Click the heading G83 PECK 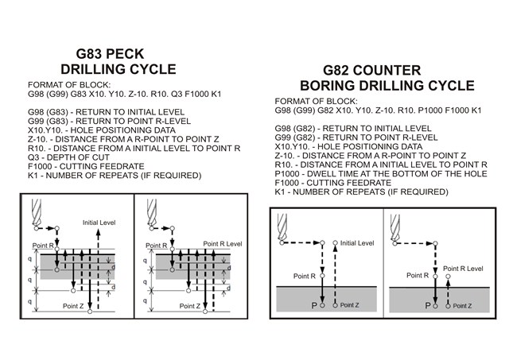click(x=110, y=54)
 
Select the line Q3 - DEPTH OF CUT click(x=68, y=157)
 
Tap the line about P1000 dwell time click(x=381, y=174)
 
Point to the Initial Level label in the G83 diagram click(x=99, y=223)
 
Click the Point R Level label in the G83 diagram click(x=223, y=244)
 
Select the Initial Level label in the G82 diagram click(x=357, y=243)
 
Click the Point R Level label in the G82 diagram click(x=463, y=269)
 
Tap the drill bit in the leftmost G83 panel click(x=37, y=213)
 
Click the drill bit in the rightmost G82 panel click(x=395, y=227)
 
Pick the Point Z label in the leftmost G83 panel click(x=73, y=306)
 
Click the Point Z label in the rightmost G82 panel click(x=462, y=306)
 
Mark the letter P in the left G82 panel click(x=314, y=305)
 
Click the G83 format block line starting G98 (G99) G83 click(x=125, y=94)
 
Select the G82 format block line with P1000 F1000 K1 click(x=378, y=110)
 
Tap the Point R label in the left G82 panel click(x=305, y=276)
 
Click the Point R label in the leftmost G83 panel click(x=43, y=246)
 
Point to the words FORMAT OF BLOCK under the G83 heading click(x=69, y=85)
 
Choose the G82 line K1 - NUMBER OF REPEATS click(x=361, y=192)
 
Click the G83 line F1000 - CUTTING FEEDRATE click(x=86, y=167)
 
